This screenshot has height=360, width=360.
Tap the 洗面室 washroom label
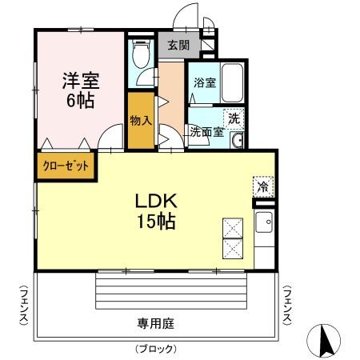coord(206,133)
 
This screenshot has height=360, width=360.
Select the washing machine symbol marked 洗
coord(234,117)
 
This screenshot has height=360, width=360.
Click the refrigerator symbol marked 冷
coord(262,186)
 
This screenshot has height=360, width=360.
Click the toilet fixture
coord(141,54)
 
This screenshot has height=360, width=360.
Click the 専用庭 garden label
coord(157,323)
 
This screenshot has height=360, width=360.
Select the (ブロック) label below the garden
coord(155,350)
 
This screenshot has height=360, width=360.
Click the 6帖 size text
coord(78,101)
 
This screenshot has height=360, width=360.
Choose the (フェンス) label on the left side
coord(25,306)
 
